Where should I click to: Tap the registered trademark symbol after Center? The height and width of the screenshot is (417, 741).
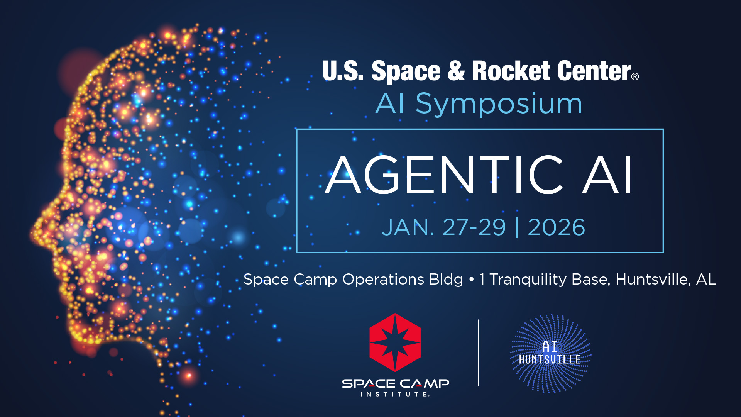635,76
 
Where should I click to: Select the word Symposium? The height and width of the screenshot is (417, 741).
499,104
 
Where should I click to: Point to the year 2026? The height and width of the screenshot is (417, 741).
556,227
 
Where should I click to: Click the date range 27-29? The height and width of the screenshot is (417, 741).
474,227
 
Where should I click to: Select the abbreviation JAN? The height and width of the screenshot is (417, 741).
408,227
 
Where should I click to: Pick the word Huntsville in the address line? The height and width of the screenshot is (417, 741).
653,279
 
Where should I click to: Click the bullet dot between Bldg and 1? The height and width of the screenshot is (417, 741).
471,279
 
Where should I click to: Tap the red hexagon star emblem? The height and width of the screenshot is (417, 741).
395,342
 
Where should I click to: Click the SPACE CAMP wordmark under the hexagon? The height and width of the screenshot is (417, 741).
395,383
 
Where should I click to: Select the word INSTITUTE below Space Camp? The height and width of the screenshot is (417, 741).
394,394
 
